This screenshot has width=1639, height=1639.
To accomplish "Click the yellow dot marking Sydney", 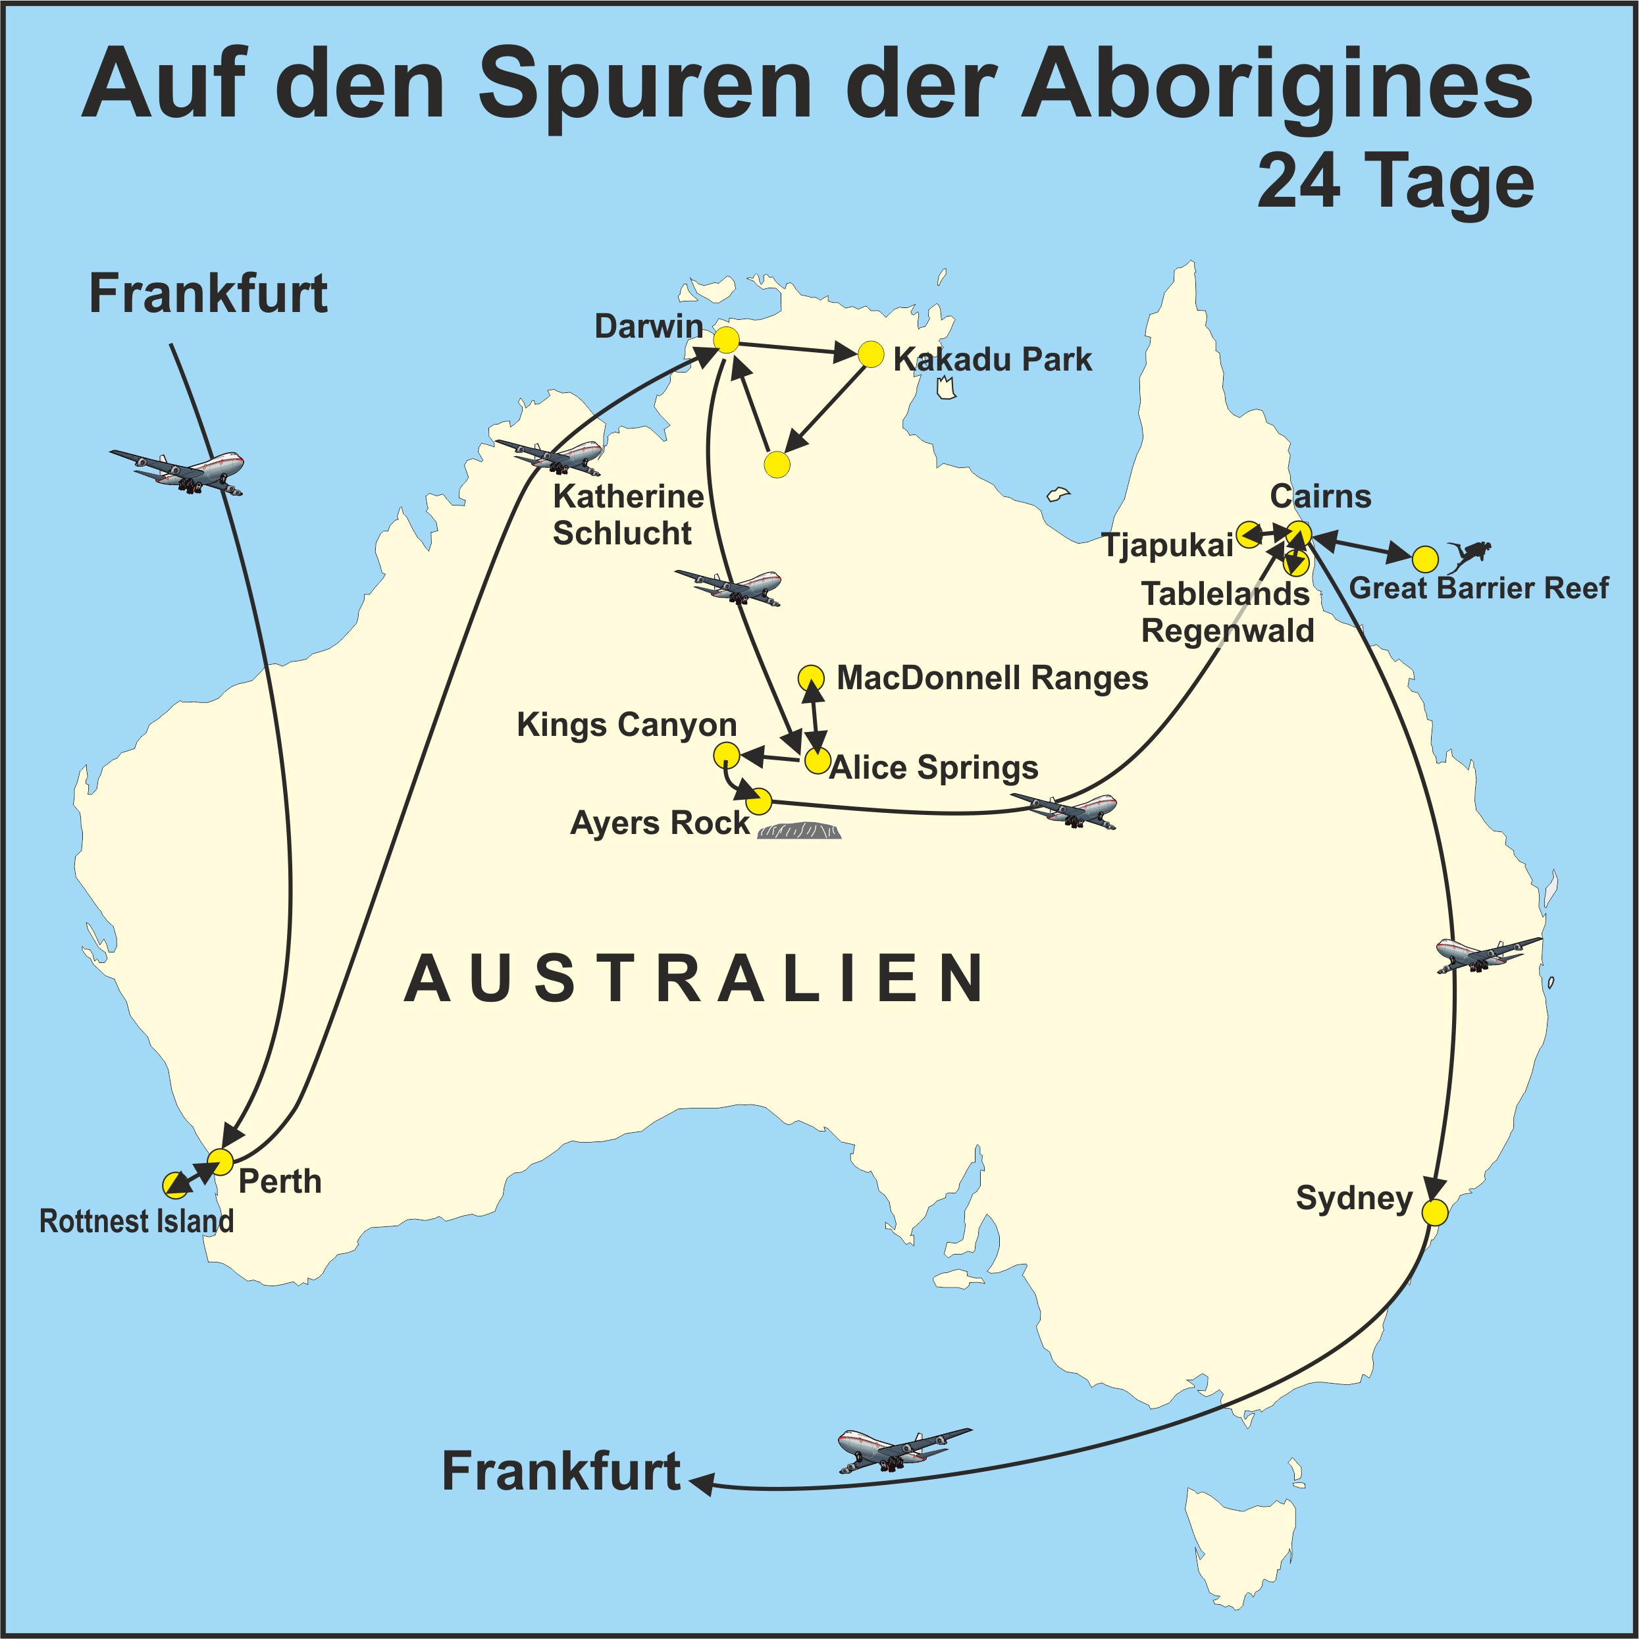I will [1434, 1212].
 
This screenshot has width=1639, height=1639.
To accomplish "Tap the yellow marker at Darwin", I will [726, 340].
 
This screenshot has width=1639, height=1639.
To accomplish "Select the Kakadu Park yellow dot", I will [872, 355].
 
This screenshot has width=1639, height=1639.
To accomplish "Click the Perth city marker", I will [221, 1161].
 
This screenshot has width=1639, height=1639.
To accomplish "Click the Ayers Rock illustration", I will [799, 831].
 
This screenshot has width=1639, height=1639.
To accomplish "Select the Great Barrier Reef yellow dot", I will [1425, 559].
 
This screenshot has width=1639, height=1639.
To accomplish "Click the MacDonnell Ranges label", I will [992, 678].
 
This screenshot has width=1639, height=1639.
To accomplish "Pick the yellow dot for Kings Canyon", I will [726, 754].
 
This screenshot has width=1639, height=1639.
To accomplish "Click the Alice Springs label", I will [933, 767].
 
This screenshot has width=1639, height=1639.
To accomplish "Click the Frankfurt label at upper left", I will [208, 294].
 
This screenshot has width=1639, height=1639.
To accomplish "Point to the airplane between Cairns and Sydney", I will [1487, 954].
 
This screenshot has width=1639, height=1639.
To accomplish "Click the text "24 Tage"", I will [1395, 182].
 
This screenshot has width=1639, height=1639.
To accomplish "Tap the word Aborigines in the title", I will [1277, 85].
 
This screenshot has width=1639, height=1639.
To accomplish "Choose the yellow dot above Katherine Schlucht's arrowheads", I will [777, 465].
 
